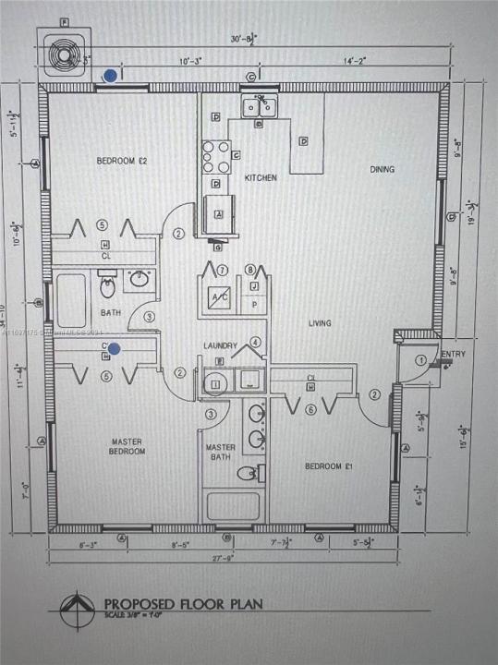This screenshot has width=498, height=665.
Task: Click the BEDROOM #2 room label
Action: [x=122, y=161]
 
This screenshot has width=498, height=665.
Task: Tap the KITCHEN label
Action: [x=260, y=177]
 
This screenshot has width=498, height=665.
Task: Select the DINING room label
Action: [x=382, y=169]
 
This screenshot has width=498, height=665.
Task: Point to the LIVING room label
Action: [x=320, y=323]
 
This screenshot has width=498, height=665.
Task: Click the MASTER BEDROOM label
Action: [x=127, y=447]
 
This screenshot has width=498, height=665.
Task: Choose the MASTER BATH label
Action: [x=221, y=453]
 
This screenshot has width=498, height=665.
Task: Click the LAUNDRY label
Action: [x=221, y=345]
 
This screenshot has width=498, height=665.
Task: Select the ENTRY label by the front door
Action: [x=453, y=355]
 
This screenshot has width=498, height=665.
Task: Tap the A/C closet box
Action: [x=220, y=298]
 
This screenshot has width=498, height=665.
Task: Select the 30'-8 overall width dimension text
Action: [x=245, y=40]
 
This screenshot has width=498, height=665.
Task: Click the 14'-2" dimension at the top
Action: [x=355, y=61]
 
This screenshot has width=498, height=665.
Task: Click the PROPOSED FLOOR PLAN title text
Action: [x=183, y=604]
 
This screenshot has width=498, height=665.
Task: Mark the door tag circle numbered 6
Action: [x=310, y=410]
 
